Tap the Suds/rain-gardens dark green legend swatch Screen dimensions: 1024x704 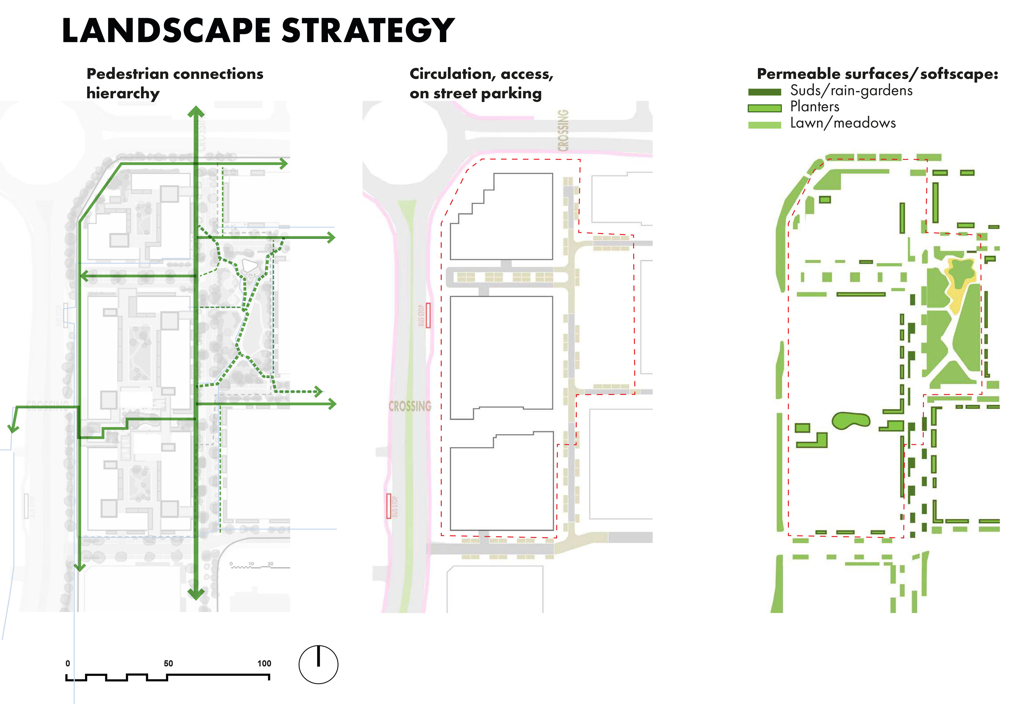click(764, 92)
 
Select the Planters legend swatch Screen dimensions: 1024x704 click(764, 108)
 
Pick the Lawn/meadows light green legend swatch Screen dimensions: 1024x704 click(764, 125)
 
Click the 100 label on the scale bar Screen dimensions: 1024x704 click(264, 663)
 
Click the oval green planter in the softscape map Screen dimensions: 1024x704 click(851, 420)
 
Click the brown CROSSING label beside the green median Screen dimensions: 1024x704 click(410, 406)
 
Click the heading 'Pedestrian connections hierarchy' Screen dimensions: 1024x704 click(175, 83)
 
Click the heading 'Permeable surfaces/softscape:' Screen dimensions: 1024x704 click(877, 74)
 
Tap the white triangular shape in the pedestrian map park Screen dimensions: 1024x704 click(249, 265)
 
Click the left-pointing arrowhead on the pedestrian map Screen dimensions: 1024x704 click(84, 276)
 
